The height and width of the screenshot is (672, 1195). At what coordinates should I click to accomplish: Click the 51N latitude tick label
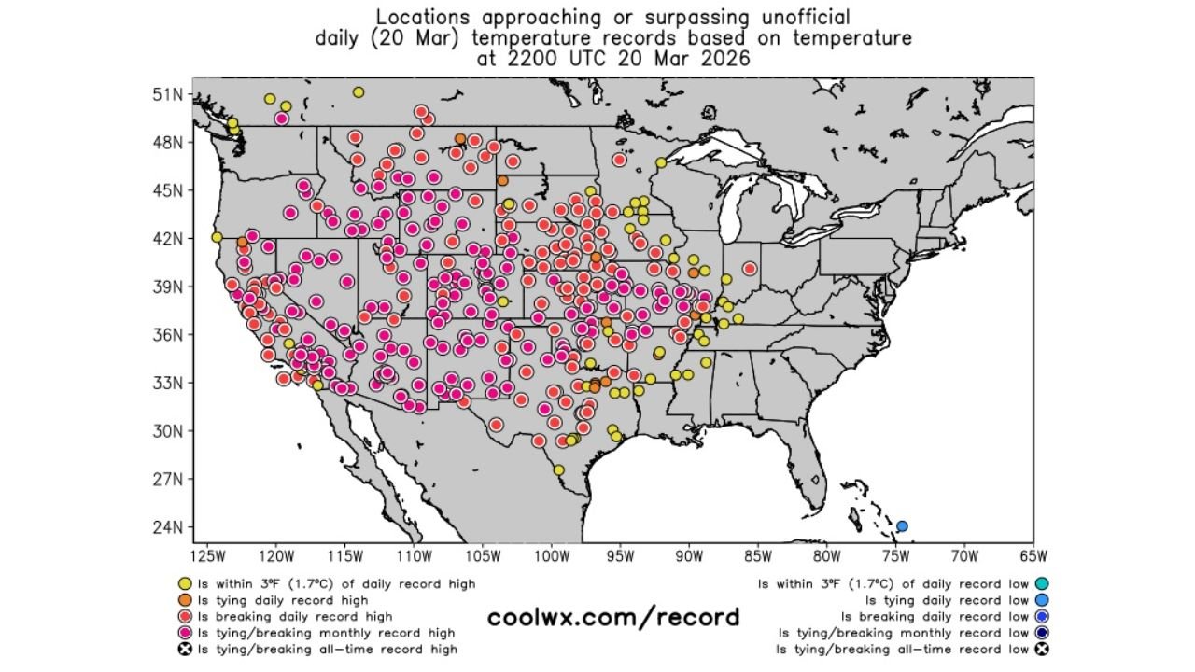(x=169, y=94)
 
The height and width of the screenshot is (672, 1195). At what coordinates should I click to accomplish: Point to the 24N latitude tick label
(x=169, y=527)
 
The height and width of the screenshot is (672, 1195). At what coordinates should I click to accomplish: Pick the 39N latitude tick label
(x=169, y=287)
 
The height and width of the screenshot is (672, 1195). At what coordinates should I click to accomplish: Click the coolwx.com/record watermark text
(x=613, y=617)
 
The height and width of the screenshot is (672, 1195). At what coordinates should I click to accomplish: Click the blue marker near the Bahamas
(x=902, y=526)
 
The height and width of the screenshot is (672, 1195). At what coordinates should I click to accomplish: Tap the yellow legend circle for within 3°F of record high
(x=185, y=584)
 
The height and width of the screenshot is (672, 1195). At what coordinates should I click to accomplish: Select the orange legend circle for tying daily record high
(x=185, y=600)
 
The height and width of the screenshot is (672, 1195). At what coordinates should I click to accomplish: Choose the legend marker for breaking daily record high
(x=185, y=617)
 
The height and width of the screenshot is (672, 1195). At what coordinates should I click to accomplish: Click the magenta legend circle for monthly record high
(x=185, y=633)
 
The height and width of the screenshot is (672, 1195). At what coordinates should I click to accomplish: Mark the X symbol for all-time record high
(x=185, y=650)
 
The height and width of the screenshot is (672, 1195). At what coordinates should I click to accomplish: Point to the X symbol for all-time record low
(x=1041, y=650)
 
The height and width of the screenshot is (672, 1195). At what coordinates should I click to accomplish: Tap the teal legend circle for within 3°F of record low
(x=1041, y=584)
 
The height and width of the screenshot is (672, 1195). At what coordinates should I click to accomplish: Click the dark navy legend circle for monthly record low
(x=1041, y=633)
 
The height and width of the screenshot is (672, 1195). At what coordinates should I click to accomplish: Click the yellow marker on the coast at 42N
(x=217, y=237)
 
